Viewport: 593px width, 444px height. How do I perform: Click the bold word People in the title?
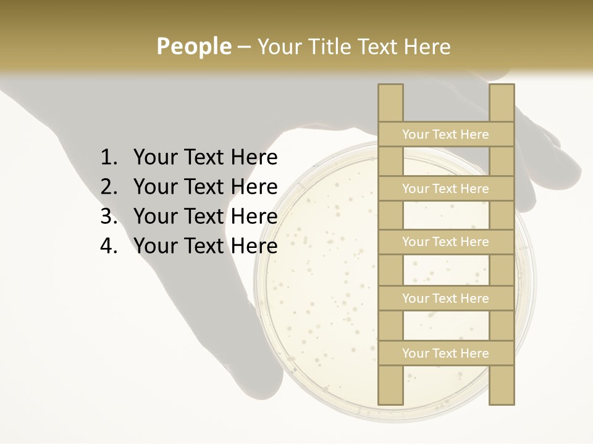click(x=193, y=47)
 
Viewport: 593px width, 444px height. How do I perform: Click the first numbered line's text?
click(x=205, y=158)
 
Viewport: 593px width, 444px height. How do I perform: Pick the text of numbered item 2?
click(x=205, y=187)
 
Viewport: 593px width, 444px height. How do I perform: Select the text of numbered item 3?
click(x=205, y=216)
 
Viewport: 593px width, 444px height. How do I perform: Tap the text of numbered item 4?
click(x=205, y=246)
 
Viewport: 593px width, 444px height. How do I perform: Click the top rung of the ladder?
click(x=445, y=134)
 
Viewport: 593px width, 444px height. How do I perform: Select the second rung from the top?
click(x=445, y=189)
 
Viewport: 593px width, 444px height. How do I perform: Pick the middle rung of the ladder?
click(x=445, y=242)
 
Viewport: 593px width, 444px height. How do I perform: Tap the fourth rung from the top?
click(x=445, y=298)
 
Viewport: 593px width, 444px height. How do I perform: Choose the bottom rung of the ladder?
click(x=445, y=353)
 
